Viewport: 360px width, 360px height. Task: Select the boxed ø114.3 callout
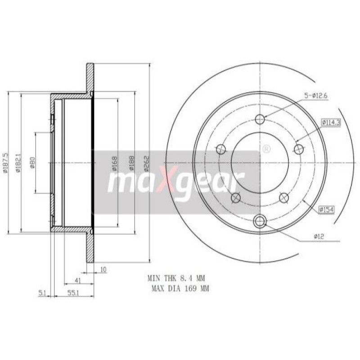coord(330,122)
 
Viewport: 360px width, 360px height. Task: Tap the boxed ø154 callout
coord(327,209)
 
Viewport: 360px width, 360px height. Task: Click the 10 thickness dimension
coord(103,270)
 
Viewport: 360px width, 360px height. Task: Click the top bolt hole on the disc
coord(260,119)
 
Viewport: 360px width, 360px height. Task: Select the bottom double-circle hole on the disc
coord(260,221)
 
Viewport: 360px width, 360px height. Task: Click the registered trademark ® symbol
coord(265,148)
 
